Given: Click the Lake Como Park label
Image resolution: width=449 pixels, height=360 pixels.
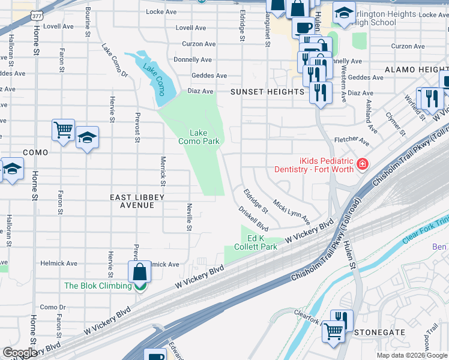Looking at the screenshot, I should pos(199,137).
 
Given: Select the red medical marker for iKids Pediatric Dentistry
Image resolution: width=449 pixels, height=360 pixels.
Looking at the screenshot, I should pos(361,164).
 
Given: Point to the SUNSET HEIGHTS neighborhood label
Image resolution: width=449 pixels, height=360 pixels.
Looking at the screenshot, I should pos(268,92).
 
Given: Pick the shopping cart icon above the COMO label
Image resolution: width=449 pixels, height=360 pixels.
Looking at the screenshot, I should pos(63,129).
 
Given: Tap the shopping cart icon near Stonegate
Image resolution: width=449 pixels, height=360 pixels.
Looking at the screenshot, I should pos(334,331).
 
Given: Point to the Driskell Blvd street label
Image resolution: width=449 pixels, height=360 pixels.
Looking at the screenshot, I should pos(253,220).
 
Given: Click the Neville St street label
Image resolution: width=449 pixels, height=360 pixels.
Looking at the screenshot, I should pos(188,216).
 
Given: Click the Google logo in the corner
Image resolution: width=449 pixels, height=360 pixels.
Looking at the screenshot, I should pos(19,353).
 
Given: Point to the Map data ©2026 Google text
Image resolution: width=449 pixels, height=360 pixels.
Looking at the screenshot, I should pos(411,355).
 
